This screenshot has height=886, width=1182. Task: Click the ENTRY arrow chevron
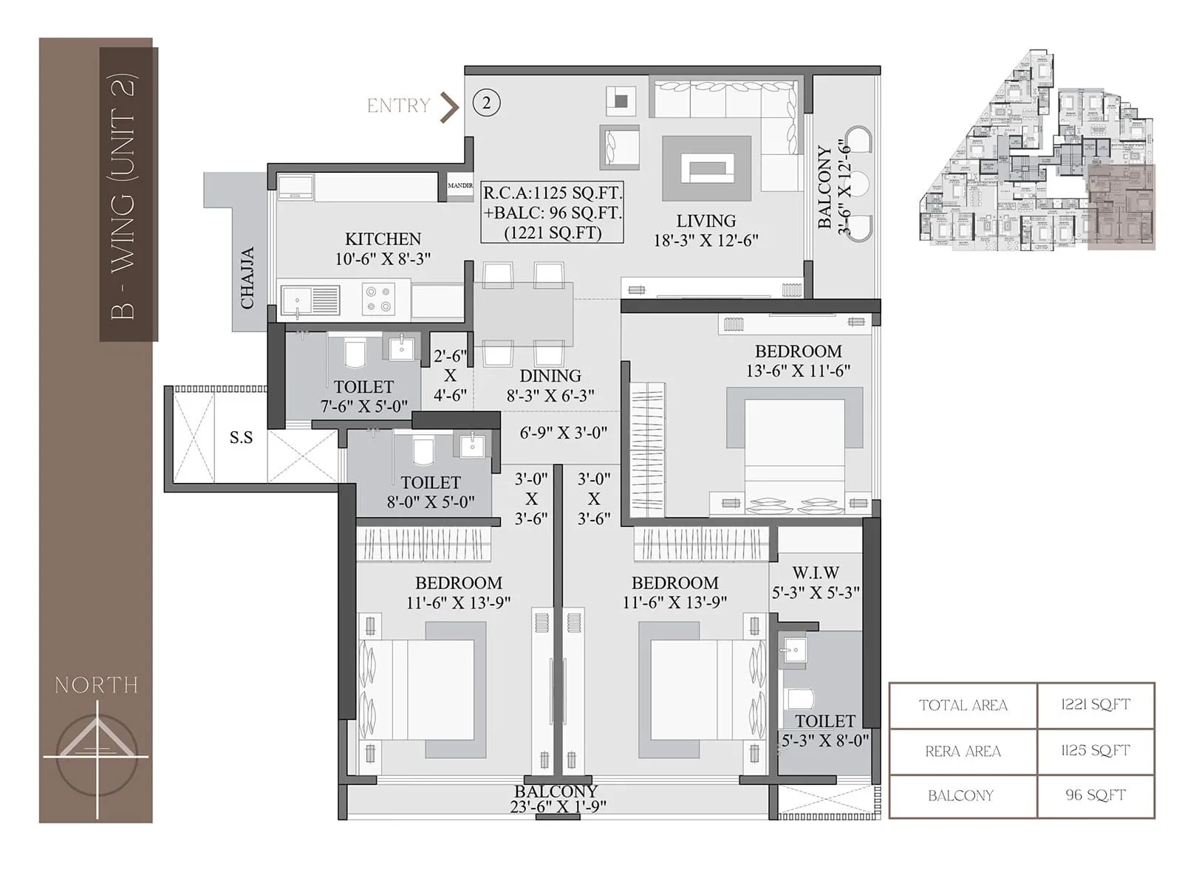click(x=449, y=107)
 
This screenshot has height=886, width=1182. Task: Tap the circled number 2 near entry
click(x=486, y=103)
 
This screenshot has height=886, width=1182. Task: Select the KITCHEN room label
click(x=383, y=239)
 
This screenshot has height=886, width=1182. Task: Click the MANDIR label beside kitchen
click(x=460, y=185)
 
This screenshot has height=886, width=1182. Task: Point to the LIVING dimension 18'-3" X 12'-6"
click(x=706, y=241)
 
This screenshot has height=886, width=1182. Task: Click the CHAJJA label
click(x=248, y=278)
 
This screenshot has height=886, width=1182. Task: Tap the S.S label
click(x=241, y=438)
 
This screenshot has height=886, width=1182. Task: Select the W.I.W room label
click(x=816, y=573)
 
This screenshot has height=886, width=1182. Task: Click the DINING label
click(x=550, y=376)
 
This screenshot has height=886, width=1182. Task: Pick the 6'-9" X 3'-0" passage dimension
click(x=563, y=433)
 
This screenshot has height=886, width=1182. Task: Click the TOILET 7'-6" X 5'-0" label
click(x=363, y=396)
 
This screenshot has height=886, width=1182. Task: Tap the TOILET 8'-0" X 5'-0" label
click(x=430, y=492)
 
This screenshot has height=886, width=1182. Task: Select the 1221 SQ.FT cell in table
click(x=1096, y=705)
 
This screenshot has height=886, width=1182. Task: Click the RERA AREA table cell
click(x=963, y=752)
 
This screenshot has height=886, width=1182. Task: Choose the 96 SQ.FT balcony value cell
click(x=1096, y=795)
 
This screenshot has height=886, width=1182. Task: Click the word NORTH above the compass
click(x=97, y=685)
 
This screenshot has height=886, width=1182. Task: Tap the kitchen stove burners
click(x=378, y=300)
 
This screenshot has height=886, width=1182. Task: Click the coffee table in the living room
click(x=707, y=168)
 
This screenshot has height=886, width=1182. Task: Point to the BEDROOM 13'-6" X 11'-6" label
click(x=798, y=361)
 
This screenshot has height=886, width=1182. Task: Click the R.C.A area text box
click(x=552, y=213)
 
